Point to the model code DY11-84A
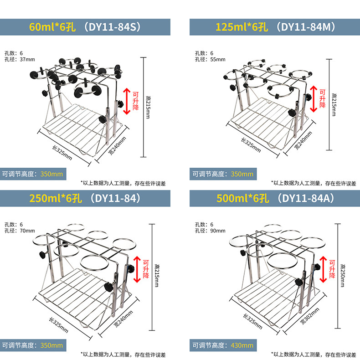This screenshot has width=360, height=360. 308,199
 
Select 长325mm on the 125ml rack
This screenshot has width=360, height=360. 250,144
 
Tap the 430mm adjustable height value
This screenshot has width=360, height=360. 242,345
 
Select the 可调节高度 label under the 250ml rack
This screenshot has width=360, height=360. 20,345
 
